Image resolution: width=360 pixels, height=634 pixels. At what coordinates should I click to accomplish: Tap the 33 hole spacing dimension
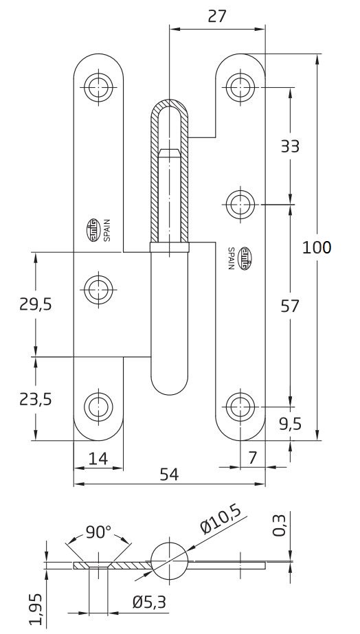(291, 145)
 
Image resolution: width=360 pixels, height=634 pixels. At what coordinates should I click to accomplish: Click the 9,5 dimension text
(291, 424)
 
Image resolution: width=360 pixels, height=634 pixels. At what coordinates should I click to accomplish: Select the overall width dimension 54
(169, 474)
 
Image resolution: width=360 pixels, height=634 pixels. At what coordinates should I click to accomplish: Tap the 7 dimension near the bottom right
(252, 457)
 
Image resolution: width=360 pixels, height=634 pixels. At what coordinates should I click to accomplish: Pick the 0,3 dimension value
(280, 528)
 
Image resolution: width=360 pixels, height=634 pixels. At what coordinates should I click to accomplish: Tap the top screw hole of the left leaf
(98, 86)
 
